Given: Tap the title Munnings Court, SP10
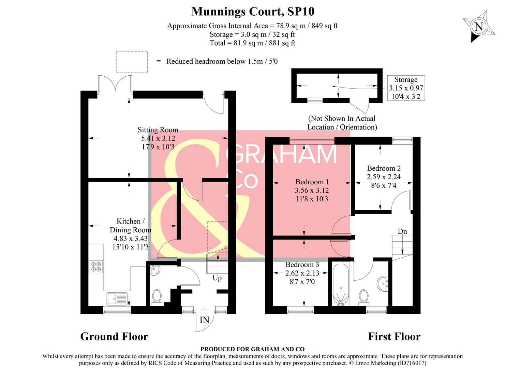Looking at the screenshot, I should click(x=253, y=12).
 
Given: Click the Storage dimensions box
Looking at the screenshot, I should click(x=406, y=88).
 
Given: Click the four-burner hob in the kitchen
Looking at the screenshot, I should click(x=96, y=266).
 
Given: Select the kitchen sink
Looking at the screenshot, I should click(x=117, y=298).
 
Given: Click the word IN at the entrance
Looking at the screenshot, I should click(x=204, y=320).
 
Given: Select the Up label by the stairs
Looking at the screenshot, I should click(x=217, y=278).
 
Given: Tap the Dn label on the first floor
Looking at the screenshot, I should click(x=402, y=231).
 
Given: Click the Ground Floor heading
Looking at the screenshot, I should click(x=114, y=337).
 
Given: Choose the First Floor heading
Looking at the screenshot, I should click(x=394, y=337).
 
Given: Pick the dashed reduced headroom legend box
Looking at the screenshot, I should click(x=132, y=62).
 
